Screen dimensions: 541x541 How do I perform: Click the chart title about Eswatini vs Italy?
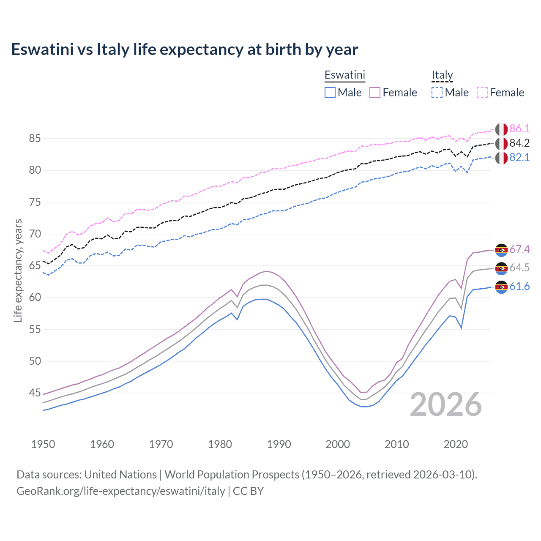[x=184, y=49]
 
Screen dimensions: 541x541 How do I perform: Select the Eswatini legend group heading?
[x=344, y=75]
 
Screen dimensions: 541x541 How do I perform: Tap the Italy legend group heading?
[x=442, y=75]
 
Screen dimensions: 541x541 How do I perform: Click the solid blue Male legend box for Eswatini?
[x=330, y=93]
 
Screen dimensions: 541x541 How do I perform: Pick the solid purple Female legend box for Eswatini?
[x=375, y=93]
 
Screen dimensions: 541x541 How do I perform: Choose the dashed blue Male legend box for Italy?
[x=437, y=93]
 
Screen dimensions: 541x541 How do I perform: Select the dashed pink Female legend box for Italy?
[x=482, y=93]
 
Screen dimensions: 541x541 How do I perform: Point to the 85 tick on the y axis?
[x=35, y=138]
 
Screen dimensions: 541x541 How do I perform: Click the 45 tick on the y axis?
[x=35, y=393]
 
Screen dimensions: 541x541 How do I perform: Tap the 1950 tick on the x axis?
[x=43, y=444]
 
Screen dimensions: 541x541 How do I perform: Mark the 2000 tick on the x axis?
[x=338, y=444]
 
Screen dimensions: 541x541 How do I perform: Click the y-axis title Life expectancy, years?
[x=18, y=270]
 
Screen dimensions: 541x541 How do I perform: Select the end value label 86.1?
[x=519, y=129]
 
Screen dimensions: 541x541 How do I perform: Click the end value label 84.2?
[x=519, y=143]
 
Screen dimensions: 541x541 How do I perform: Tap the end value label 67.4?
[x=519, y=250]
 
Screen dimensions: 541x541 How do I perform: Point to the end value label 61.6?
[x=519, y=287]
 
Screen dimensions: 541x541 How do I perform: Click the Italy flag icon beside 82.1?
[x=501, y=158]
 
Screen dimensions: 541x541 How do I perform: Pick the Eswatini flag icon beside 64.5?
[x=501, y=268]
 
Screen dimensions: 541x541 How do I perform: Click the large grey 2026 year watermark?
[x=446, y=404]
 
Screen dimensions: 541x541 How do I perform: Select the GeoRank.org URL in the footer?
[x=121, y=491]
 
